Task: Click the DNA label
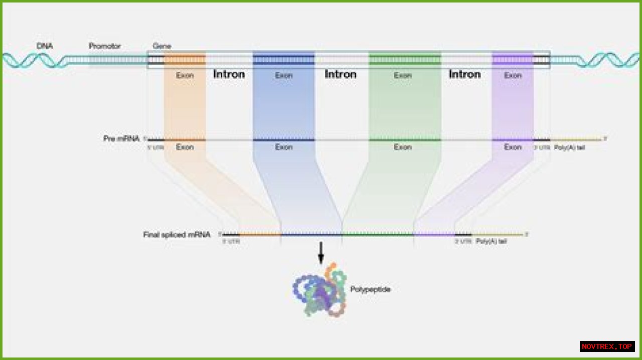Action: point(45,46)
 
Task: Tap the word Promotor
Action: point(105,46)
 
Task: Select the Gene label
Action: point(162,46)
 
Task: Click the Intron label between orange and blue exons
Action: point(229,74)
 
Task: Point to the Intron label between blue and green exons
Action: point(341,74)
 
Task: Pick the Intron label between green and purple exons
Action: point(464,74)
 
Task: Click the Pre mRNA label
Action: point(121,138)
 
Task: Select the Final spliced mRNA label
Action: point(177,234)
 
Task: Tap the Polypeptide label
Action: point(371,289)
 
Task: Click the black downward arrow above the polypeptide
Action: point(321,253)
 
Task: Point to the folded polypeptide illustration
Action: point(319,291)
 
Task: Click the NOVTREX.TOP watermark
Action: point(607,346)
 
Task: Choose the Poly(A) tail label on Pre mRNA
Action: point(569,147)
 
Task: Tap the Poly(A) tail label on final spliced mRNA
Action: point(491,241)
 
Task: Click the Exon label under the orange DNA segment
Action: point(185,76)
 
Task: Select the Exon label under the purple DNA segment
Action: point(513,76)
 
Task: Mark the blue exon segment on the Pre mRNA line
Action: point(284,140)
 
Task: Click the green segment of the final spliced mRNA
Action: point(378,234)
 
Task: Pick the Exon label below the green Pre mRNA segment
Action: point(402,147)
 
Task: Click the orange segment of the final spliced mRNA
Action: point(260,234)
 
